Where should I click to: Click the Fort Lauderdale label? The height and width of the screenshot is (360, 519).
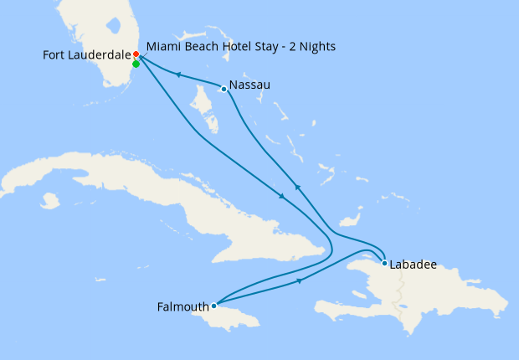click(x=86, y=55)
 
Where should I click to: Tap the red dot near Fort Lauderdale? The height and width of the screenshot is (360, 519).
click(x=136, y=54)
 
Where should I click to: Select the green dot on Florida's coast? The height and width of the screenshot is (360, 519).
click(x=136, y=64)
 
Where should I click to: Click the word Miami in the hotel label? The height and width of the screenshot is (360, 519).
click(x=163, y=46)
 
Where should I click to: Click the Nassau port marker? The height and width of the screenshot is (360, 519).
click(x=224, y=89)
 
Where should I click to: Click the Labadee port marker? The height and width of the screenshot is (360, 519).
click(x=384, y=264)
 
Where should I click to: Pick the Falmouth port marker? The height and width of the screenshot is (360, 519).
click(x=214, y=306)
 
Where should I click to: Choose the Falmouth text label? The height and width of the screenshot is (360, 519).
click(x=183, y=307)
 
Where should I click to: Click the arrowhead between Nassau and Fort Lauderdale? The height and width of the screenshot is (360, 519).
click(x=177, y=75)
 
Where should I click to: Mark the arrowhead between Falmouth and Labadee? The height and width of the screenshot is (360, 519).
click(x=300, y=280)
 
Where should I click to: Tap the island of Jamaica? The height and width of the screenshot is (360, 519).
click(x=243, y=318)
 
